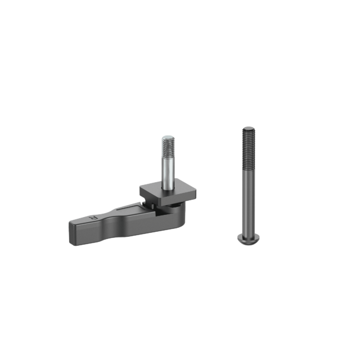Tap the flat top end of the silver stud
167,137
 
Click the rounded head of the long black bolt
246,240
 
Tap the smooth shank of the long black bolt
247,202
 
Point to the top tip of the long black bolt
248,128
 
